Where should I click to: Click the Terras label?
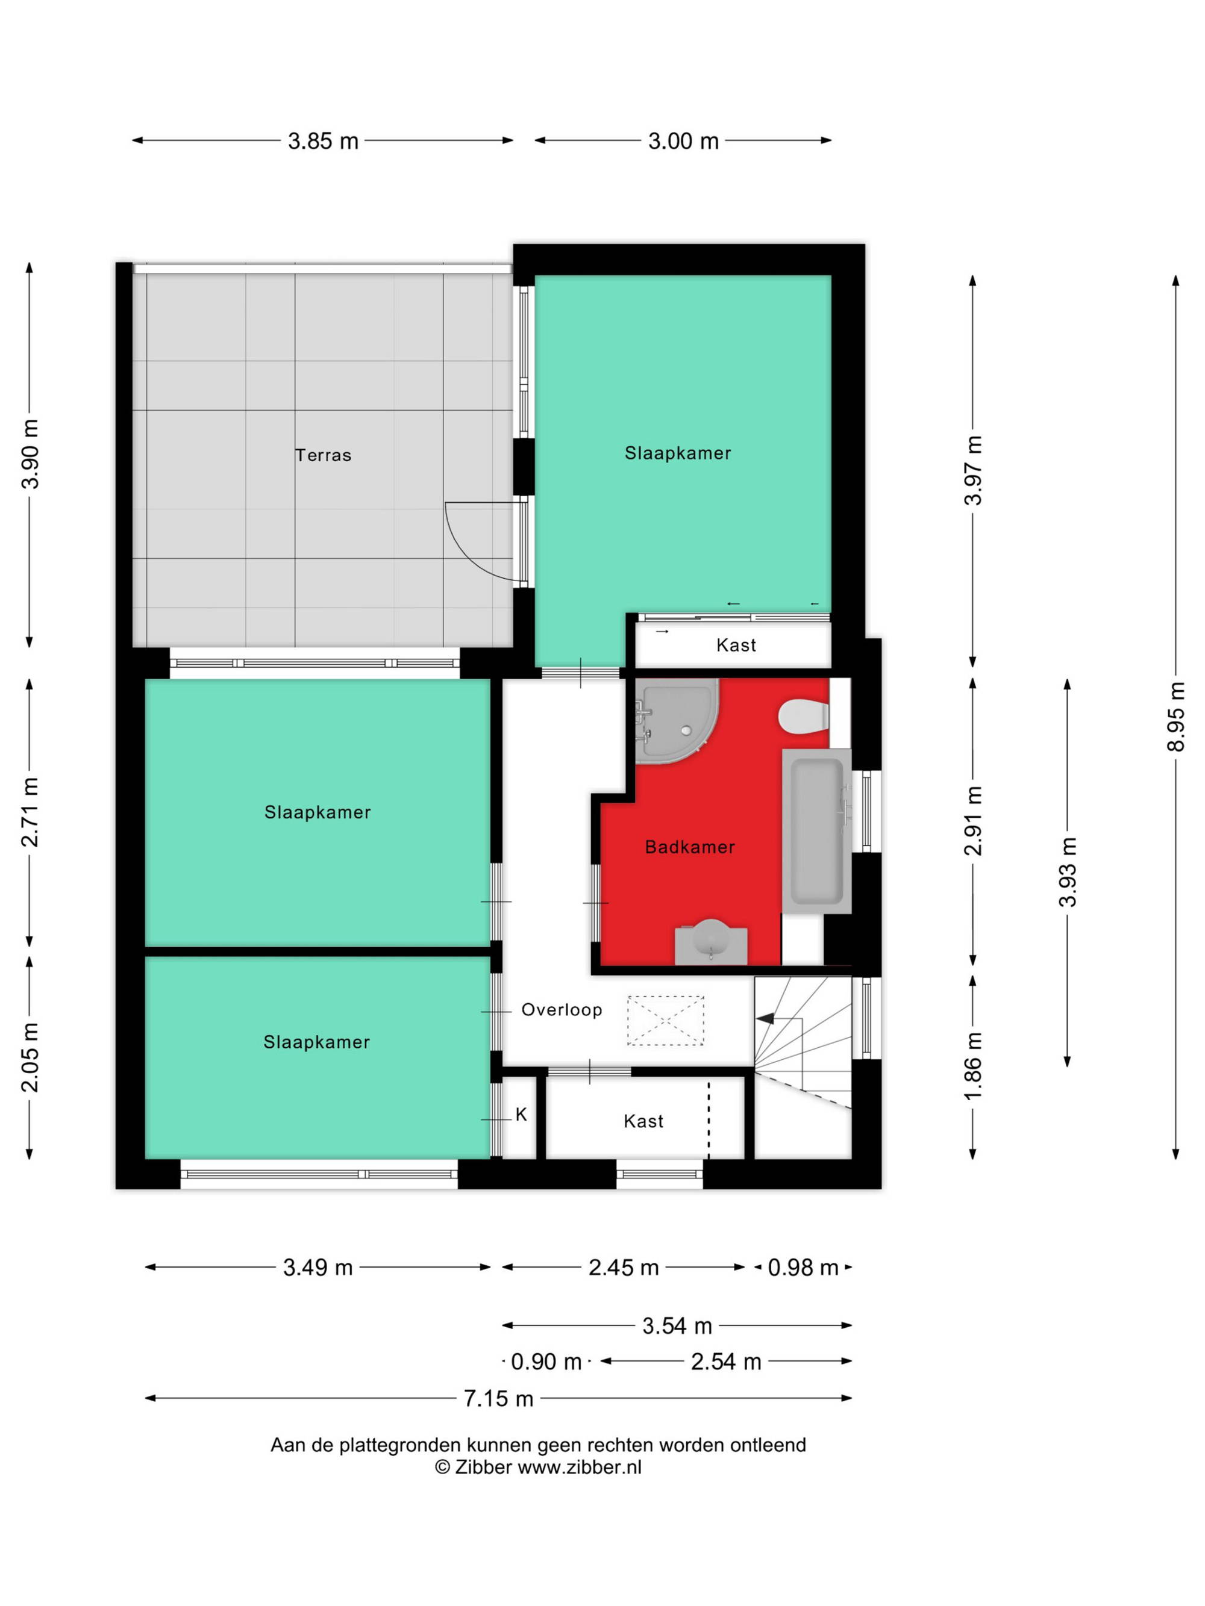click(323, 455)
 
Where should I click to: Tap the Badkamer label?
click(689, 847)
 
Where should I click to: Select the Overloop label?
click(562, 1010)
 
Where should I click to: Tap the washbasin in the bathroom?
click(711, 942)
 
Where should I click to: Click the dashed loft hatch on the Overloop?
click(665, 1021)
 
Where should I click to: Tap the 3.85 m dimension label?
click(323, 141)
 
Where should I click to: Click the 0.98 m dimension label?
click(803, 1268)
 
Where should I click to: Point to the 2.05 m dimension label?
click(30, 1057)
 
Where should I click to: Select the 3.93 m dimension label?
click(1067, 872)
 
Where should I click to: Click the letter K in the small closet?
click(521, 1115)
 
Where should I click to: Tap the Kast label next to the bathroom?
click(736, 645)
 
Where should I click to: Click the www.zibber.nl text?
click(580, 1467)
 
